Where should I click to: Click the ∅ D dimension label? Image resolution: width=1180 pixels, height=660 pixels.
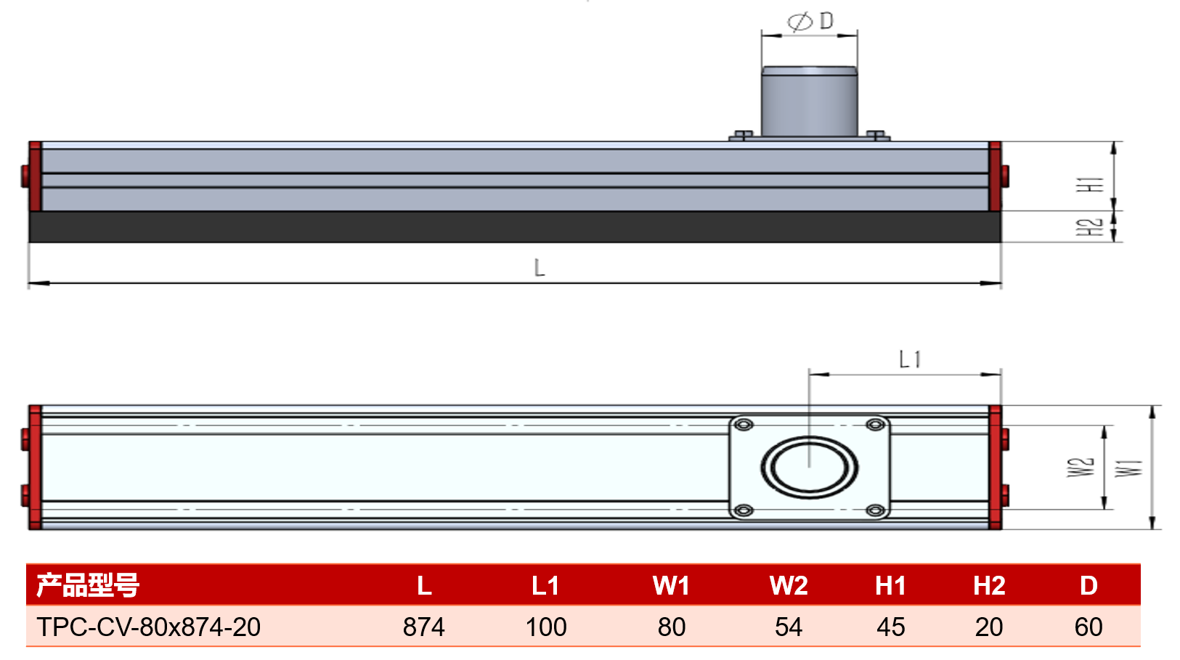tap(810, 21)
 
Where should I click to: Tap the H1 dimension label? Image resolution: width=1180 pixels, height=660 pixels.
tap(1089, 184)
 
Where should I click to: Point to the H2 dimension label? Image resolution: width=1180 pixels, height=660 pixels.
tap(1089, 227)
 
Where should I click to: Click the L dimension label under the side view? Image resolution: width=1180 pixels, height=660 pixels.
tap(540, 268)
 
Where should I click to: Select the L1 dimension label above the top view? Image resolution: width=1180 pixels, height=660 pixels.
tap(910, 359)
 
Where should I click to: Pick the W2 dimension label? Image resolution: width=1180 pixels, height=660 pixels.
tap(1081, 467)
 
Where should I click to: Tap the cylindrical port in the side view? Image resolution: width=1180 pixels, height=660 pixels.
tap(809, 102)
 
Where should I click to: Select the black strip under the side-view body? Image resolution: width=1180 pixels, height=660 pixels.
tap(515, 227)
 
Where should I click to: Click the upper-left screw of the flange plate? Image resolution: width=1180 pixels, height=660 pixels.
tap(744, 425)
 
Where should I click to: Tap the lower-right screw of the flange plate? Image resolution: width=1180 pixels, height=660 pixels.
tap(875, 510)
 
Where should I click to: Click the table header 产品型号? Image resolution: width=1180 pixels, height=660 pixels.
tap(87, 584)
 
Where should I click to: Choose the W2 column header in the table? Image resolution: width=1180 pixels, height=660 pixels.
tap(789, 585)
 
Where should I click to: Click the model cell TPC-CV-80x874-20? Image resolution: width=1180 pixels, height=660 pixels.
tap(149, 627)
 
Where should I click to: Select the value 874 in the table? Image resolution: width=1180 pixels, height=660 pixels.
tap(424, 627)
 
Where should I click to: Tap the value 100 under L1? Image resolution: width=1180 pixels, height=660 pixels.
tap(546, 627)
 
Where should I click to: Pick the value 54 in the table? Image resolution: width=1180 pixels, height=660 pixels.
tap(789, 627)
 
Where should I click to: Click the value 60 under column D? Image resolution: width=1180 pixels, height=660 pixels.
tap(1089, 627)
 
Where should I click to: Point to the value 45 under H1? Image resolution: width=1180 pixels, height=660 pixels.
tap(891, 627)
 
